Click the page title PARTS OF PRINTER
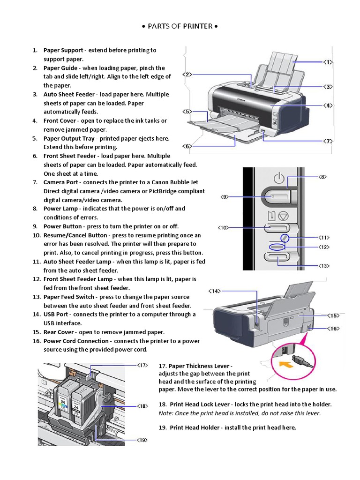(x=180, y=26)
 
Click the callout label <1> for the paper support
(x=327, y=62)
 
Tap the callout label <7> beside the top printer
(x=327, y=141)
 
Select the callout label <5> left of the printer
(x=187, y=112)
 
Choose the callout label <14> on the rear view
(x=214, y=291)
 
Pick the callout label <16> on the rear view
(x=333, y=329)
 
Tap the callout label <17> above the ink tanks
(x=142, y=364)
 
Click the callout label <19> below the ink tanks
(x=142, y=440)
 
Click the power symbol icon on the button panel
(x=279, y=178)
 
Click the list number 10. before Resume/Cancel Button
(x=37, y=235)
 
